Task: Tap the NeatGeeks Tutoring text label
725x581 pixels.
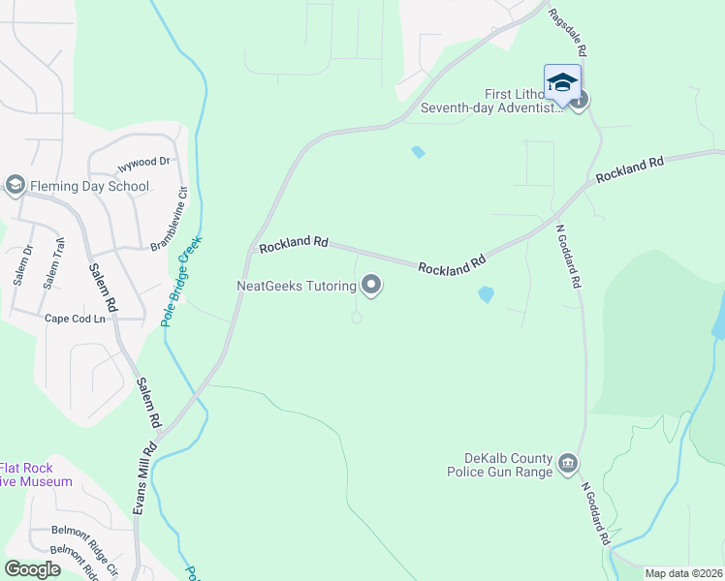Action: (x=297, y=286)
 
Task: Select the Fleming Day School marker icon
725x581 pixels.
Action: (x=15, y=184)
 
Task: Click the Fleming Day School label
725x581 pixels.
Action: (x=88, y=187)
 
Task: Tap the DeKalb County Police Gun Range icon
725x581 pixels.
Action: (x=568, y=465)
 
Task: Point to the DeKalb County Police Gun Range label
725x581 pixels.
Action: (x=499, y=465)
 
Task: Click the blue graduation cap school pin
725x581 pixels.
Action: (x=562, y=82)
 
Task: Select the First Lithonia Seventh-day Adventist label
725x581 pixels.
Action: (x=490, y=102)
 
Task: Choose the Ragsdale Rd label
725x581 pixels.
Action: (x=568, y=32)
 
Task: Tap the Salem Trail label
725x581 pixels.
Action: (x=53, y=264)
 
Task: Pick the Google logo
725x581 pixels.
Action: (x=32, y=569)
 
